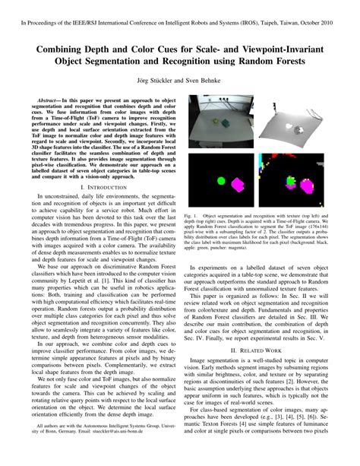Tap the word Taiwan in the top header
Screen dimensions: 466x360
pyautogui.click(x=274, y=10)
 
